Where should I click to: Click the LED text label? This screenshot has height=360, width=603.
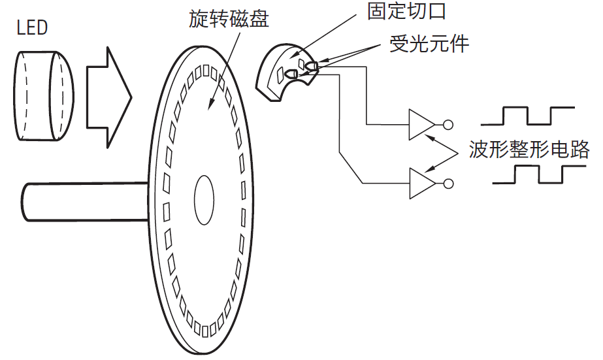click(32, 27)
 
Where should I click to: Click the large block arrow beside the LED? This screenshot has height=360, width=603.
click(108, 97)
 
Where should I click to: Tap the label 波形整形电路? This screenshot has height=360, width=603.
click(529, 150)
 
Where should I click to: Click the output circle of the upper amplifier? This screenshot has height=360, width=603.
click(448, 124)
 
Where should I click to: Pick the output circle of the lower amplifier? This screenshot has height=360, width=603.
click(448, 184)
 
